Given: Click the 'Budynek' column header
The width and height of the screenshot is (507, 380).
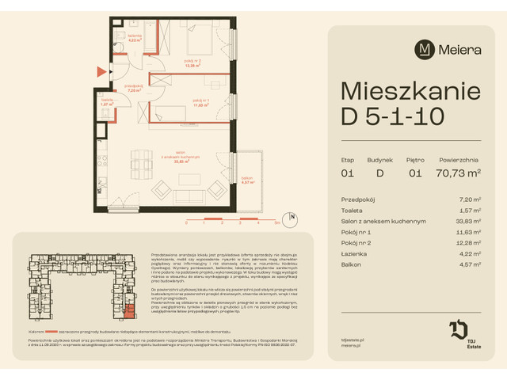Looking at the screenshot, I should click(x=379, y=159).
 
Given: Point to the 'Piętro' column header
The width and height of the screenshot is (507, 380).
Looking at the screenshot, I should click(x=417, y=159).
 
